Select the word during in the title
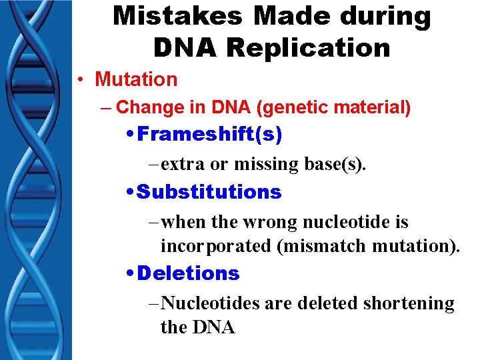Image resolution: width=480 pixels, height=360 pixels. point(381,16)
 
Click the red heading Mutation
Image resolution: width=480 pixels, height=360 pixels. point(136,79)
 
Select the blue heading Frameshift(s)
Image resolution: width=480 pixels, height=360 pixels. point(209,135)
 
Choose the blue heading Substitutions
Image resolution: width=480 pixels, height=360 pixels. point(209,192)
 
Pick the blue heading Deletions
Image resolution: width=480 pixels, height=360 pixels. point(189,273)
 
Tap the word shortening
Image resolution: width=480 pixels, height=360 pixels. point(409,303)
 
